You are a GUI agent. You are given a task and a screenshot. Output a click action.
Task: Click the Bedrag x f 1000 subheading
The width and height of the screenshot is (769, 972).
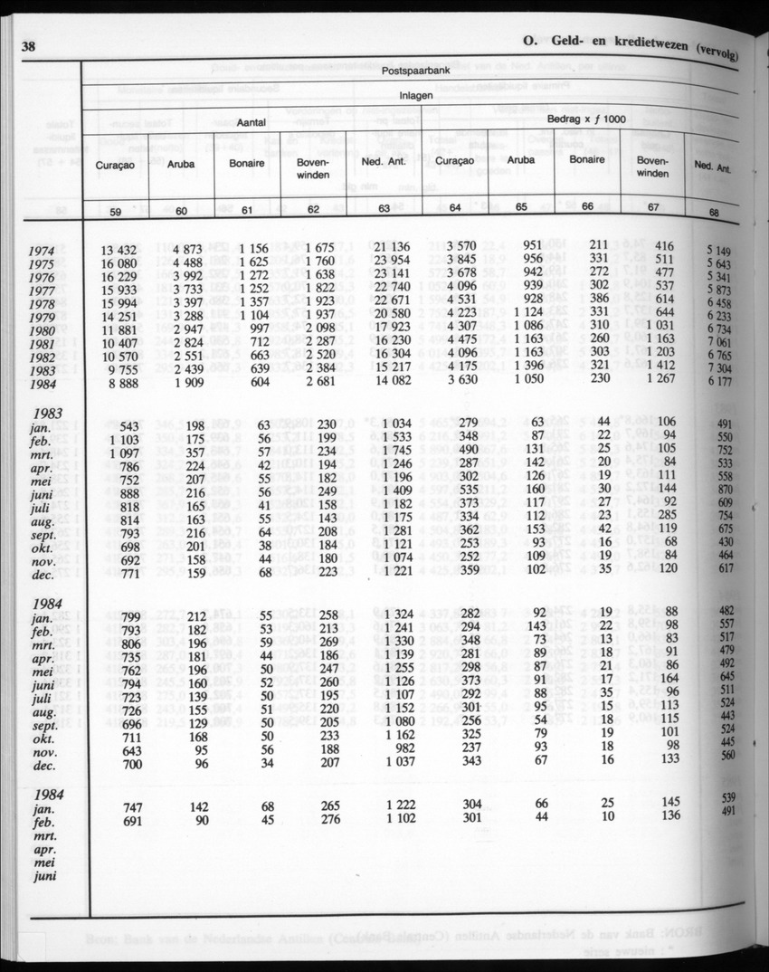click(x=585, y=119)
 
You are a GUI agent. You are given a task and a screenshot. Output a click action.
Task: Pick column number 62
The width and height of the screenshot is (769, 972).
click(x=314, y=210)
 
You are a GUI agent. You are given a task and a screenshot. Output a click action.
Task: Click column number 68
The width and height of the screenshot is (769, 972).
click(x=714, y=214)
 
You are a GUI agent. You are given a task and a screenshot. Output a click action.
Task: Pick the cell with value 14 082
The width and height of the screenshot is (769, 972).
click(x=392, y=383)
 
